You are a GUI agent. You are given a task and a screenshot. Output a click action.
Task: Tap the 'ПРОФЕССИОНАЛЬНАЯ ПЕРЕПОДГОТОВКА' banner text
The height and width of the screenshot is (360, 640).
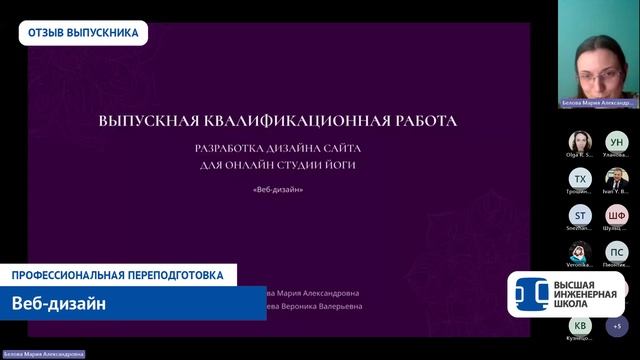pos(118,275)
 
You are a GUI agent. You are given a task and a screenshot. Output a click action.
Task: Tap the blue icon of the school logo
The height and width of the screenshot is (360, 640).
pos(529,293)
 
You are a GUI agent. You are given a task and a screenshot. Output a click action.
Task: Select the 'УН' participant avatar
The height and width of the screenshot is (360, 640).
pos(616,142)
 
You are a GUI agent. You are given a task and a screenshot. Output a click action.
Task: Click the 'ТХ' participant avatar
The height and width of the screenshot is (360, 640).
pos(580,178)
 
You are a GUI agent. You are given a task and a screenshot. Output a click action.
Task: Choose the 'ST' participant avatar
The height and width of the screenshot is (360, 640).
pos(580,214)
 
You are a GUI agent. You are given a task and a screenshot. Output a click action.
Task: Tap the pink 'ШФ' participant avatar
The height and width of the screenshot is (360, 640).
pos(616,214)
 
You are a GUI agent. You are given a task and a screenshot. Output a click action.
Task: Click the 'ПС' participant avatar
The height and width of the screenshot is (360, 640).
pos(616,250)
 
